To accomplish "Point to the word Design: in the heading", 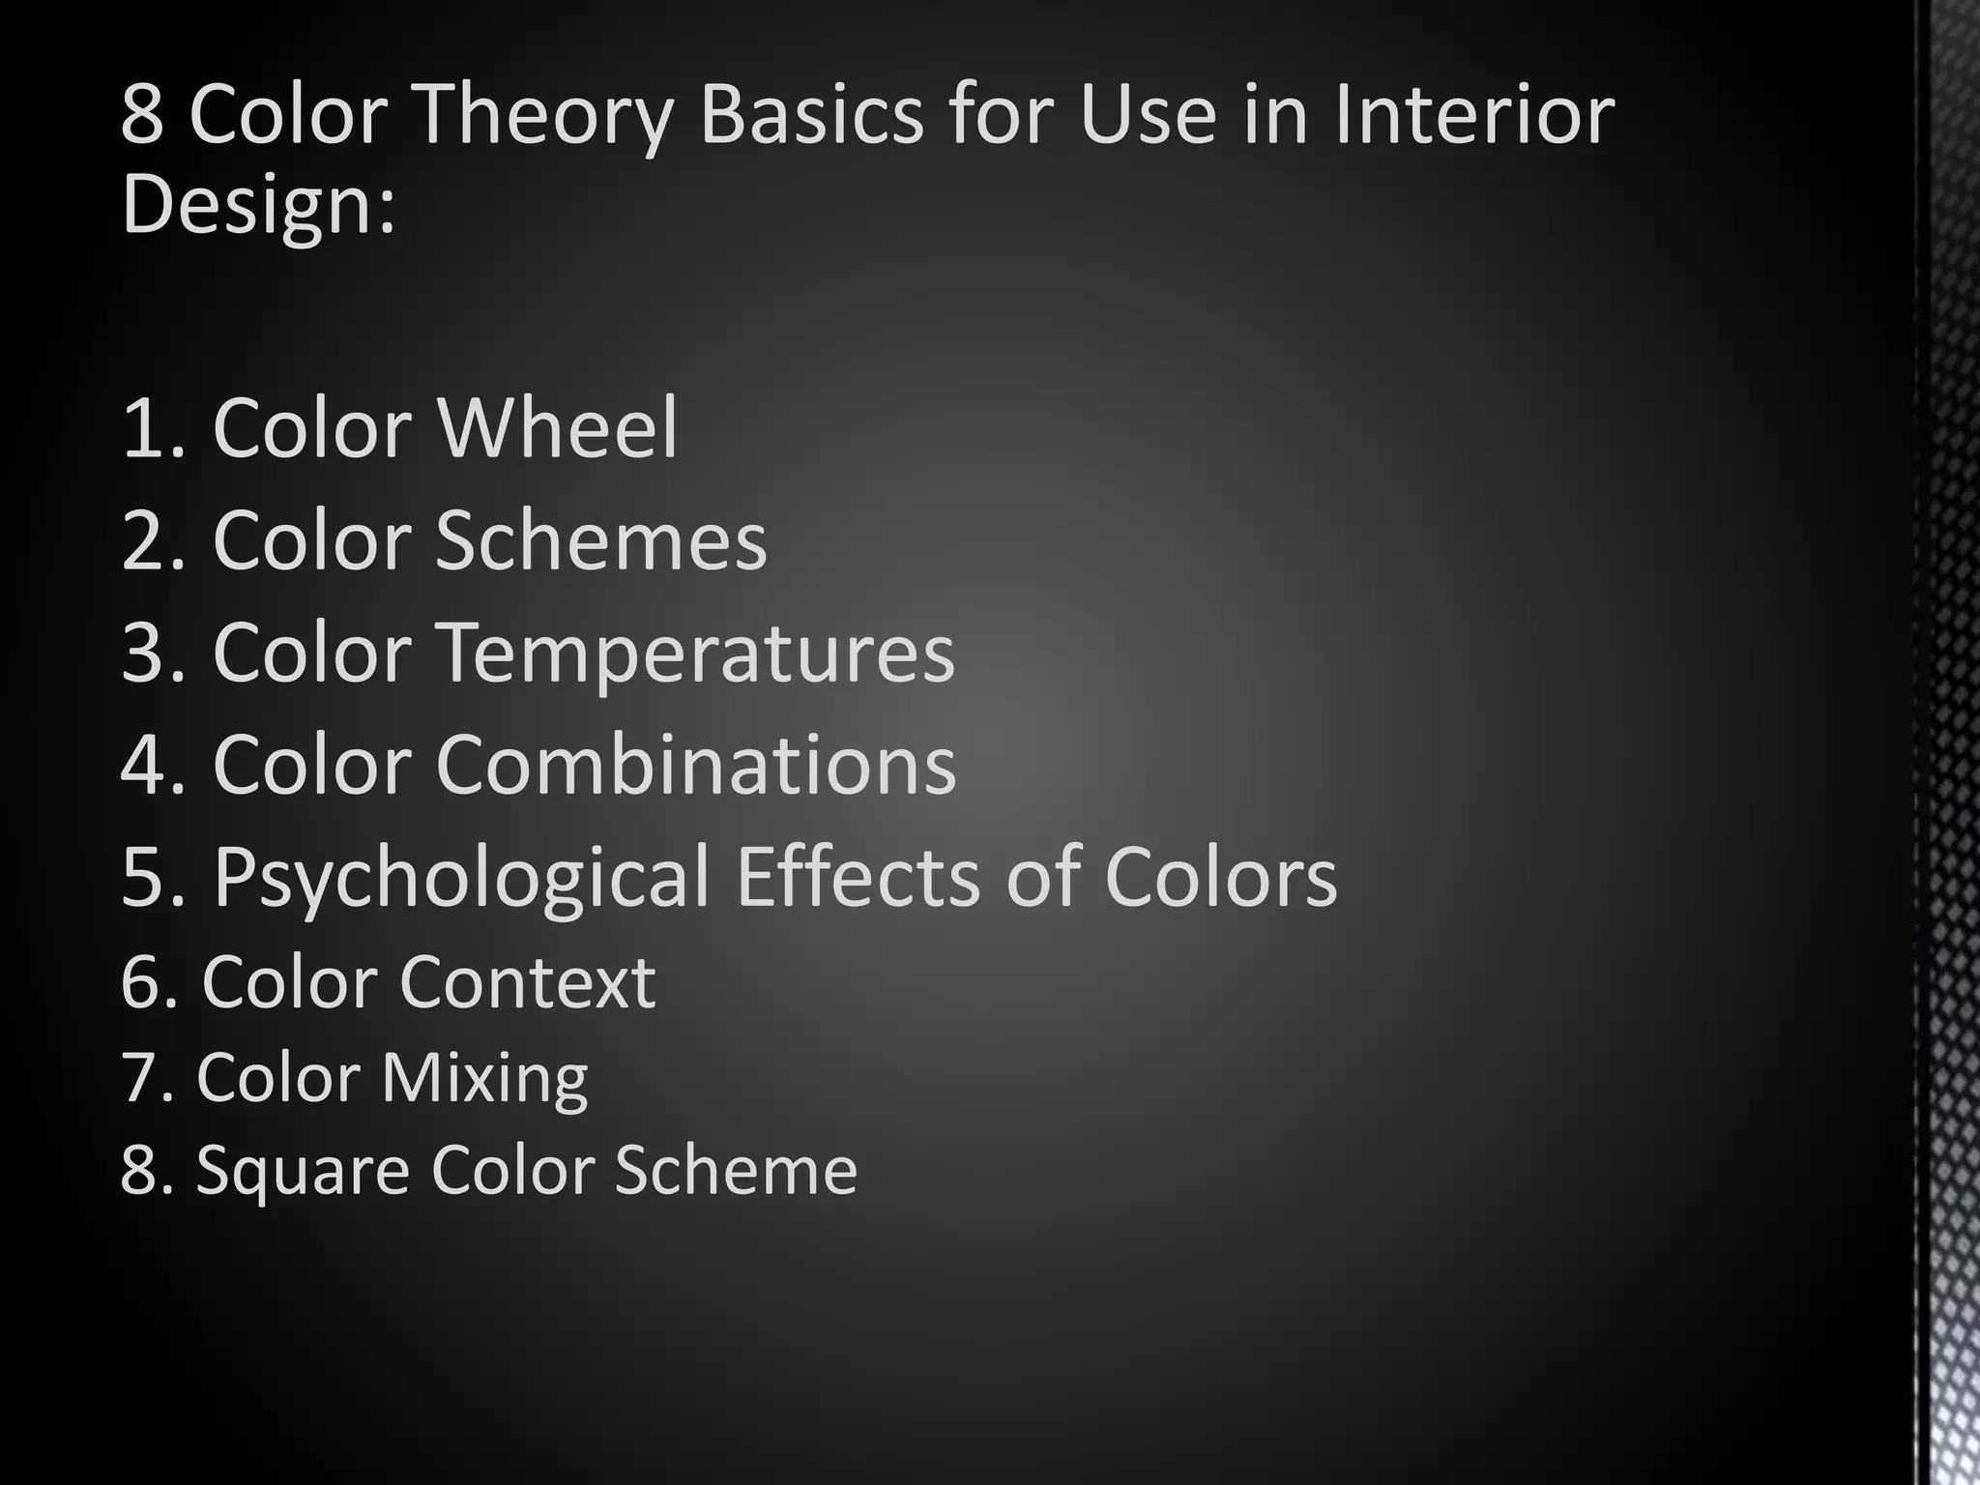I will tap(258, 205).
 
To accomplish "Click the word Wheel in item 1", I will tap(558, 428).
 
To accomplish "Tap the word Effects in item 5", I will tap(859, 876).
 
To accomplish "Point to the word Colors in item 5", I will tap(1220, 876).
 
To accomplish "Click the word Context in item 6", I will tap(527, 982).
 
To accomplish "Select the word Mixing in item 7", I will tap(484, 1078).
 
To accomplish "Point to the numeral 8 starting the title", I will tap(143, 116).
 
